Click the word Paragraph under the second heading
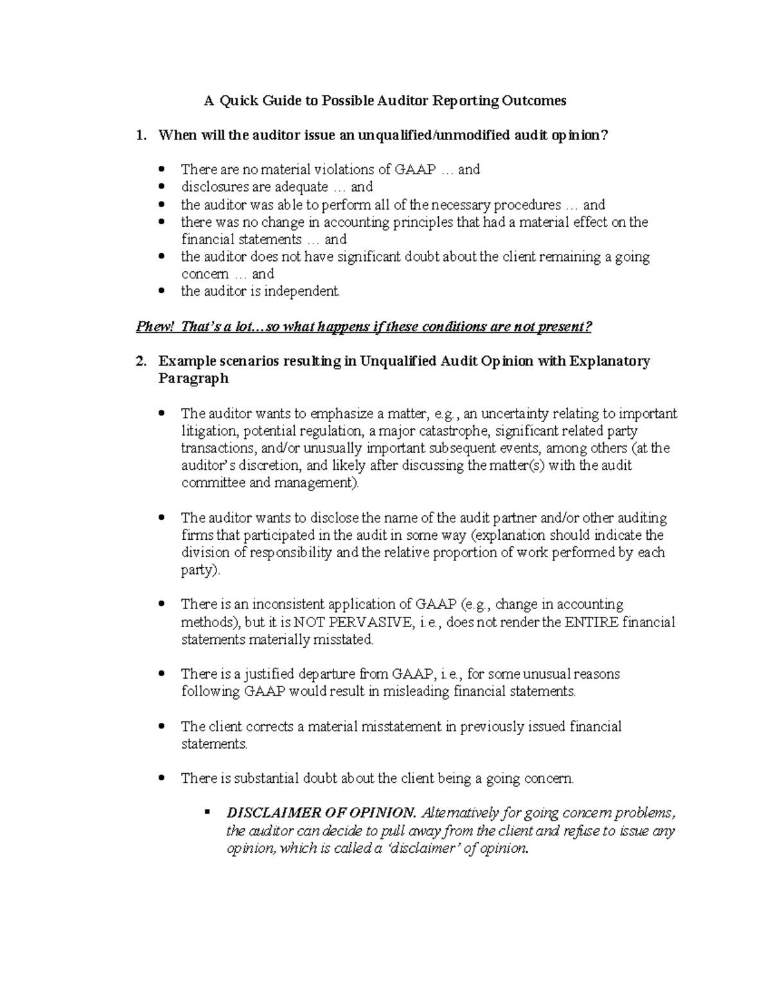[x=193, y=379]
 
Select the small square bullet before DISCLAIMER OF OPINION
[x=207, y=813]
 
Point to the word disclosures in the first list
[x=212, y=187]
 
